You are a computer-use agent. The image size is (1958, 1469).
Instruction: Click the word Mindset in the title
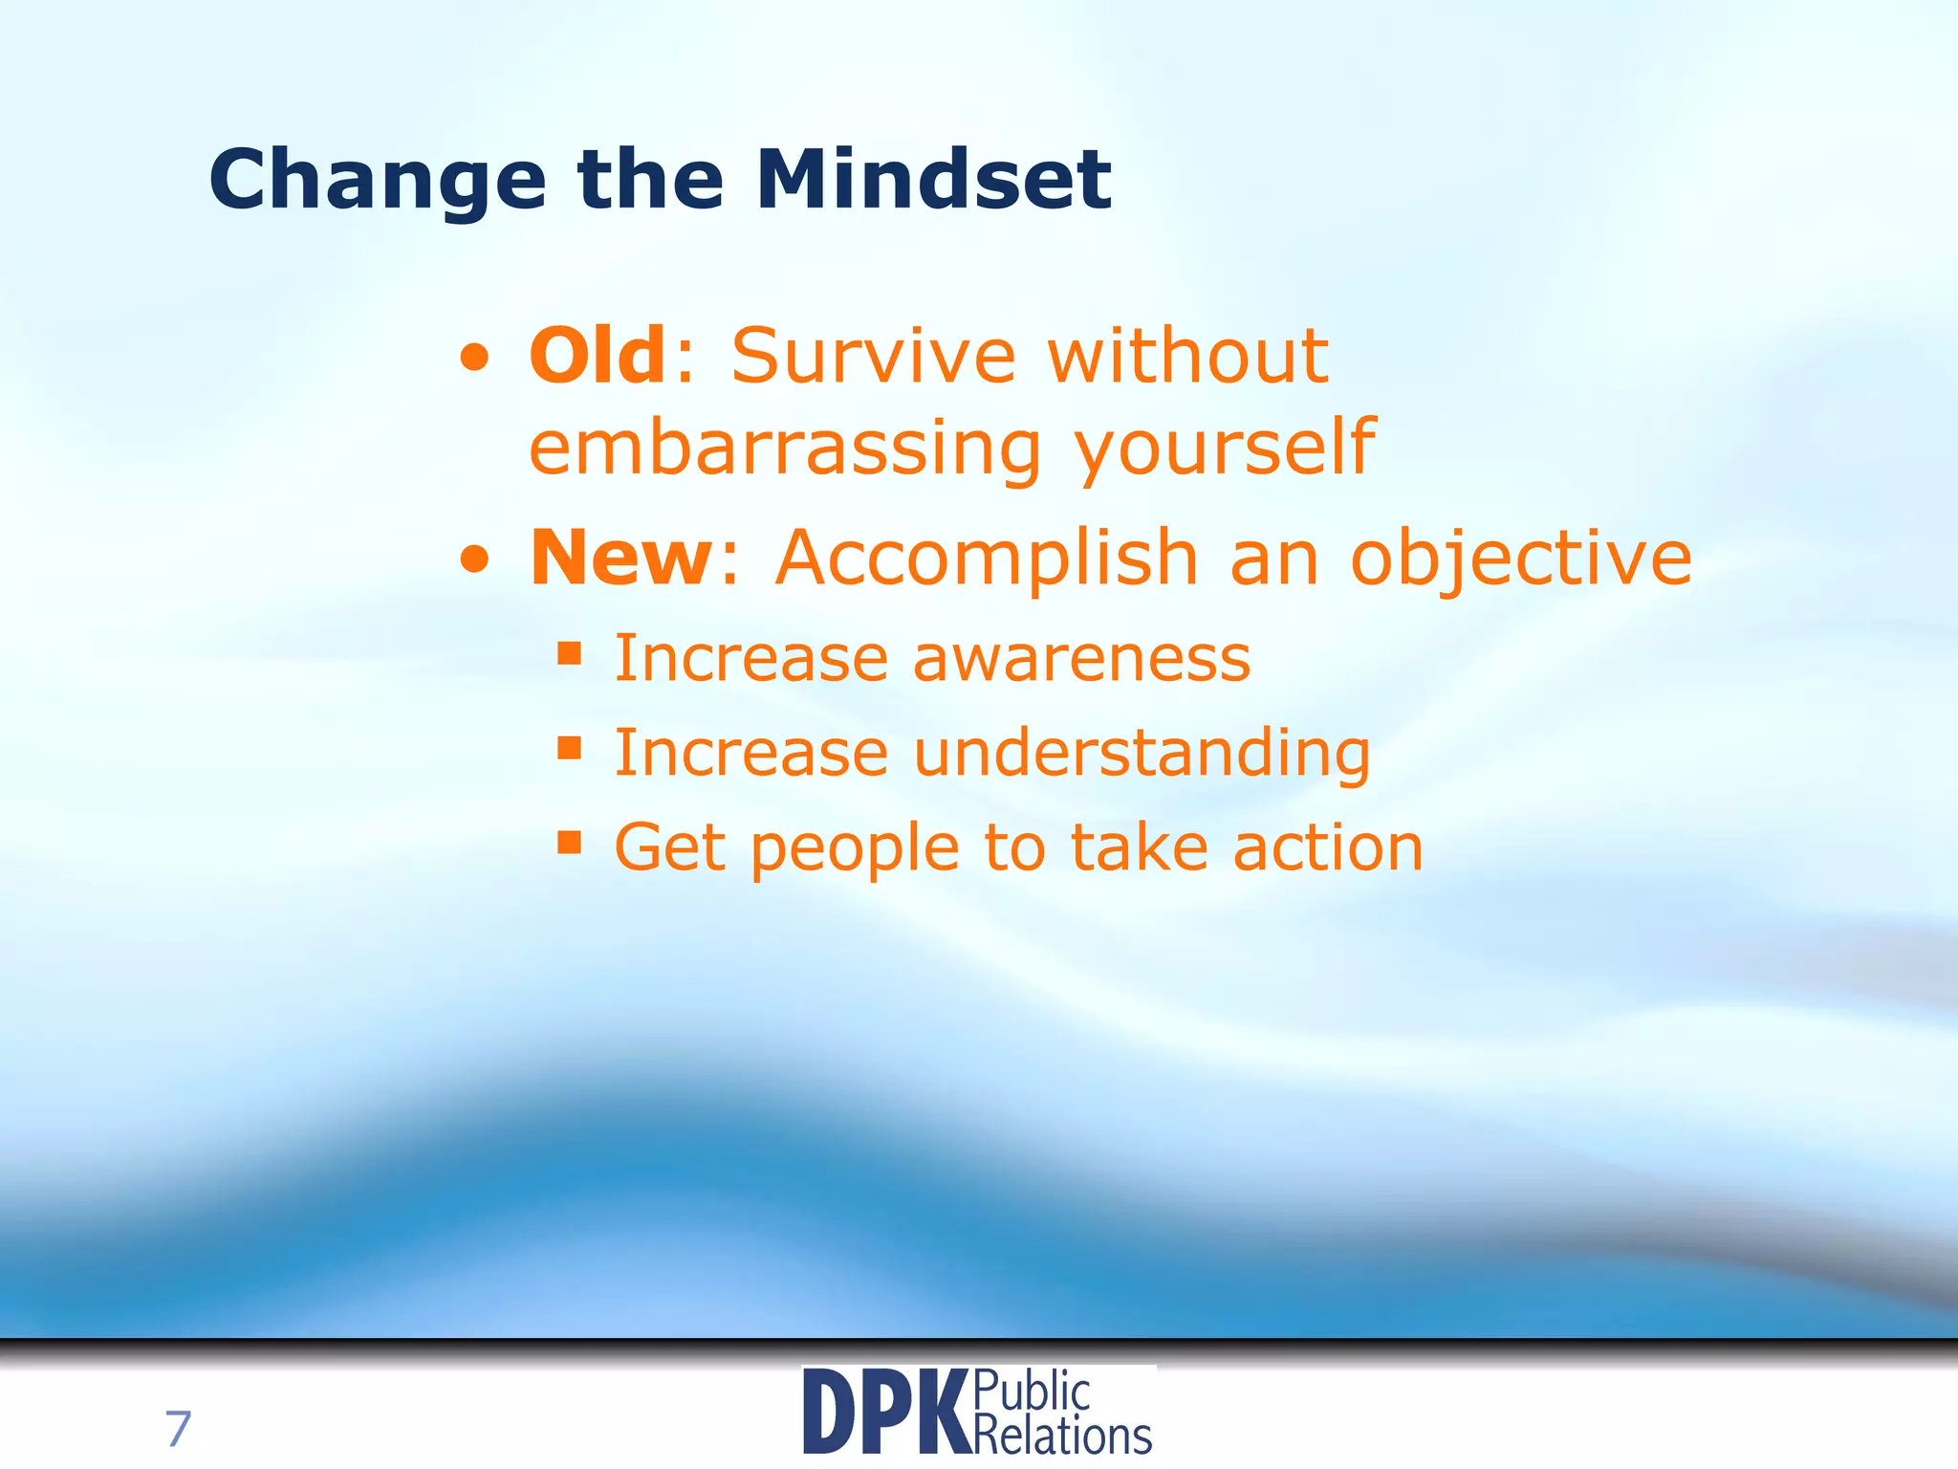click(x=933, y=179)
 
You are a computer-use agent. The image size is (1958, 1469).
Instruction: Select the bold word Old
click(x=598, y=356)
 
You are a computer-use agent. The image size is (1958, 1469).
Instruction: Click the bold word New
click(x=620, y=558)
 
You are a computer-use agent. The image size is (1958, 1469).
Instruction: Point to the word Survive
click(x=873, y=356)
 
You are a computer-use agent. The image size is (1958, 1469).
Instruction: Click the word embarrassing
click(x=784, y=448)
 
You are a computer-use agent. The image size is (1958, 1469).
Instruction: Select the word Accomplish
click(x=987, y=558)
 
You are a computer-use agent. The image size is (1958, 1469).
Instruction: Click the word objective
click(x=1520, y=559)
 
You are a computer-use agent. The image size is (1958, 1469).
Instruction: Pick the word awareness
click(x=1081, y=659)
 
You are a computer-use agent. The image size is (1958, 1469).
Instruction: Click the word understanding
click(x=1142, y=753)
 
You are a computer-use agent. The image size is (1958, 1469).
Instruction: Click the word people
click(x=855, y=849)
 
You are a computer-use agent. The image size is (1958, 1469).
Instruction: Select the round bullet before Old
click(x=474, y=361)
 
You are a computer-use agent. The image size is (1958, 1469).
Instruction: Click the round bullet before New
click(x=474, y=561)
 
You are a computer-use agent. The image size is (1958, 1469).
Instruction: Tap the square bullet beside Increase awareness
click(x=570, y=654)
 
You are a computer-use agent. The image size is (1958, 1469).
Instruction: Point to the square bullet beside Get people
click(x=570, y=842)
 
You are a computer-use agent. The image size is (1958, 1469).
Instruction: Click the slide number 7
click(x=178, y=1430)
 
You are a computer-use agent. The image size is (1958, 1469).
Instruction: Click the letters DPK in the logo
click(x=885, y=1413)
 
